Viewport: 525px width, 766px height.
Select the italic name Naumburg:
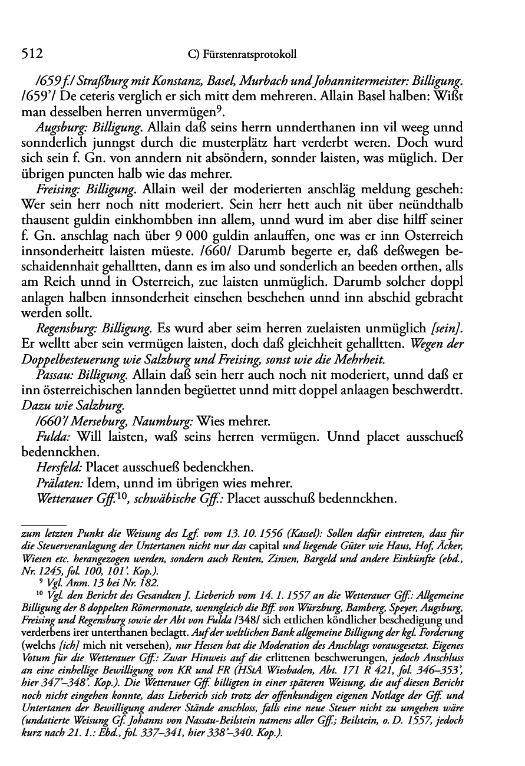[x=160, y=422]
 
